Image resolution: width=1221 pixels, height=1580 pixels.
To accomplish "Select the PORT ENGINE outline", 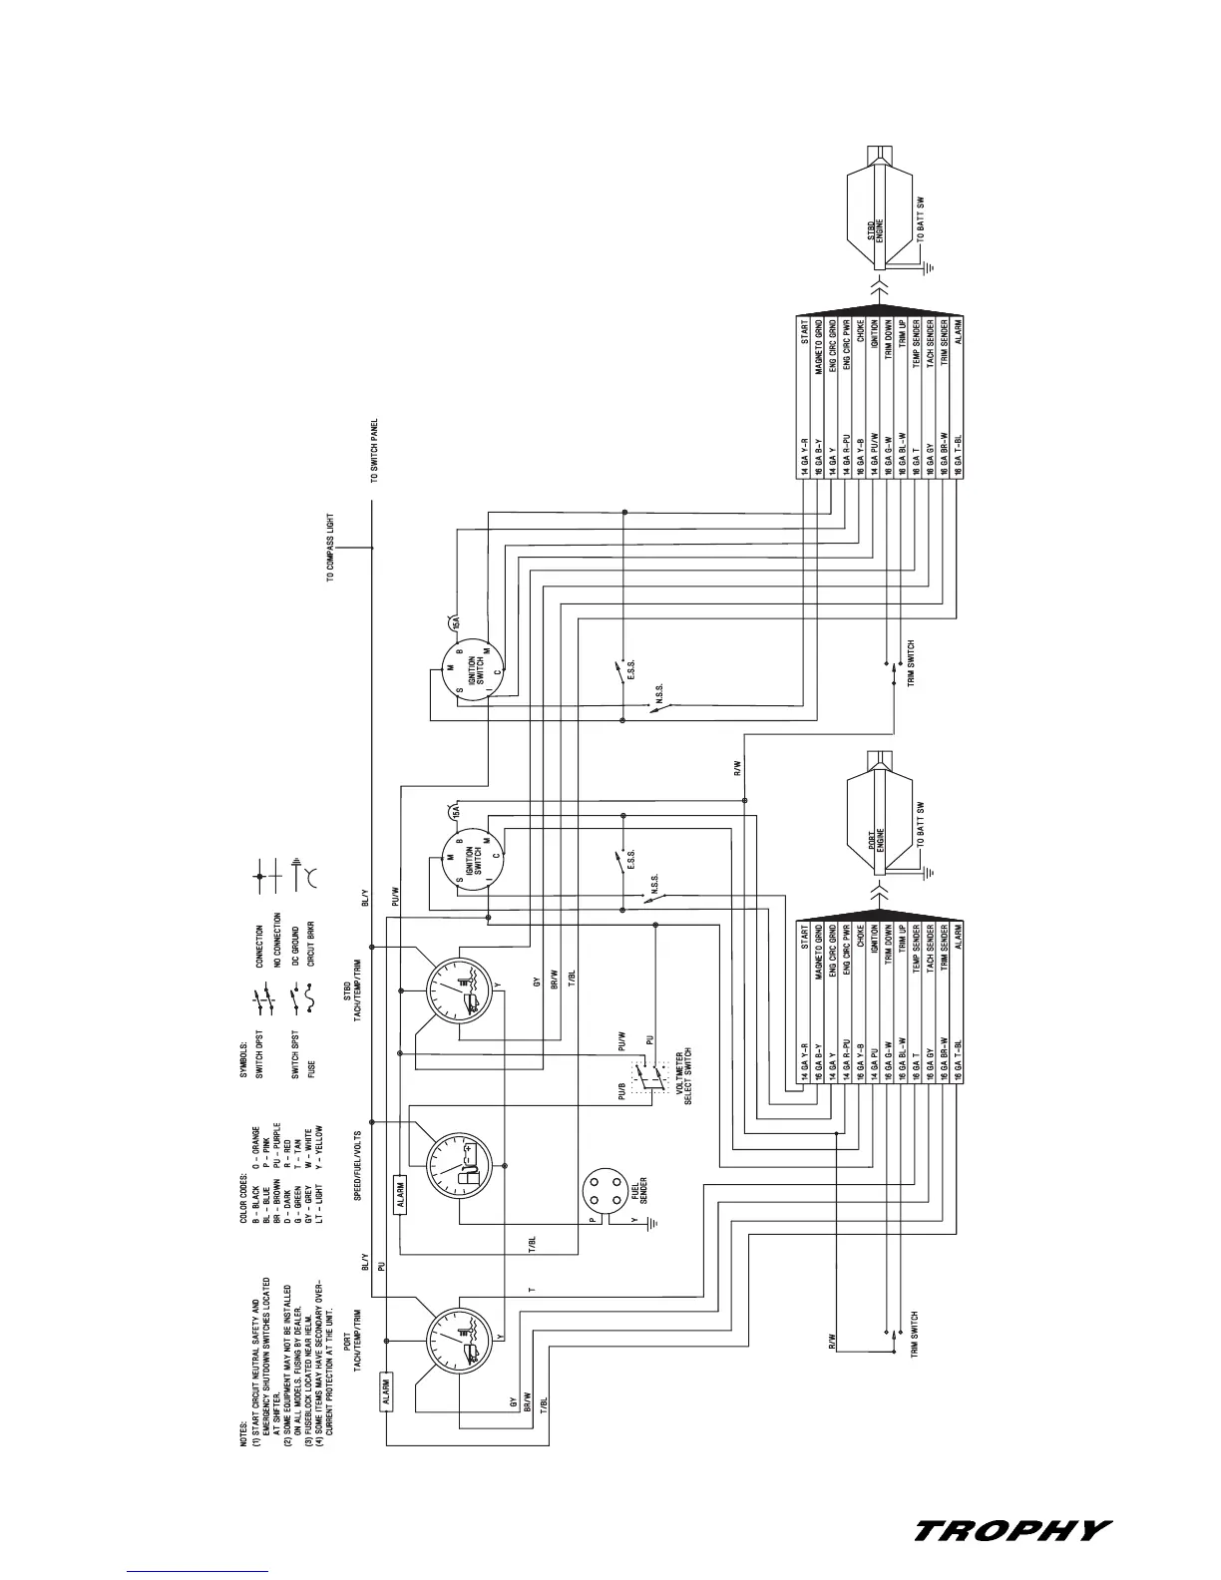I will [877, 817].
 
